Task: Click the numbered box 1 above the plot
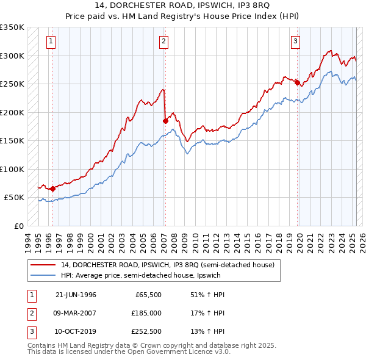coord(50,41)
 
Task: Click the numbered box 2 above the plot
coord(164,41)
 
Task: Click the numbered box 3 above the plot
coord(295,41)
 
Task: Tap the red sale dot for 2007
coord(165,121)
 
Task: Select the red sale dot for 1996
coord(52,189)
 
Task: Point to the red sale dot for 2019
coord(297,83)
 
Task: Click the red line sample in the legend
coord(43,265)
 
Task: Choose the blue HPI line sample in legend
coord(43,276)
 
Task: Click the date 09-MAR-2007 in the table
coord(76,312)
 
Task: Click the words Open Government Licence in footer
coord(182,352)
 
